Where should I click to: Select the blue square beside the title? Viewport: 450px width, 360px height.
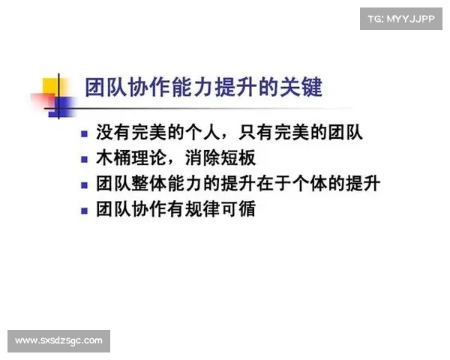pos(65,105)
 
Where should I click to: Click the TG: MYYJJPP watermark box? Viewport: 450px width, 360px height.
pos(401,18)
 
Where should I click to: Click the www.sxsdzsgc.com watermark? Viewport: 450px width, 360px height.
pos(59,341)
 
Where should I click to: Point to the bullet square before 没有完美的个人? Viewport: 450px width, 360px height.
pos(85,135)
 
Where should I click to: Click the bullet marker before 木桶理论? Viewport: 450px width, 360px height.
pos(85,160)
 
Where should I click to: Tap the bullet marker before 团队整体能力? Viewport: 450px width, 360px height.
pos(85,184)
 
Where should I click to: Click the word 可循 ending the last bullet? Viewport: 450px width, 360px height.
pos(238,209)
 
